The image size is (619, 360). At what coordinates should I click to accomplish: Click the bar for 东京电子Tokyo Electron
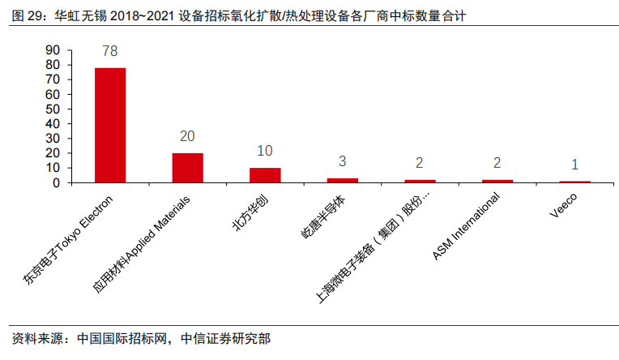click(x=110, y=125)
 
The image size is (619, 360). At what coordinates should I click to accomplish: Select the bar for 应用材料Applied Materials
click(x=187, y=168)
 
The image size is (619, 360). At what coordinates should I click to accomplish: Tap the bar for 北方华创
click(x=265, y=175)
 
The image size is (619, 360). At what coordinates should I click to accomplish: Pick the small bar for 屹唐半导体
click(x=342, y=180)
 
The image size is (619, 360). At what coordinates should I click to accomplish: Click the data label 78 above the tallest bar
click(x=110, y=51)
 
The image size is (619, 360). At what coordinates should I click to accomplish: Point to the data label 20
click(x=187, y=136)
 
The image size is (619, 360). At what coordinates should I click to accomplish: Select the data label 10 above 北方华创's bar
click(x=265, y=151)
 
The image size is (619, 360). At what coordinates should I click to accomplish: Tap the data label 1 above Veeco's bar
click(x=574, y=165)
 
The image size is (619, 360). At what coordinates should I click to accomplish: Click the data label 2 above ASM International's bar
click(x=497, y=163)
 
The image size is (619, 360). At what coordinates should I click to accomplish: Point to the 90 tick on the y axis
click(x=53, y=50)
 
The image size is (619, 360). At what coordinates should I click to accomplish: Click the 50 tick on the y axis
click(x=53, y=109)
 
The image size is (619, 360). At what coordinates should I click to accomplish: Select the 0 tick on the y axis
click(x=57, y=182)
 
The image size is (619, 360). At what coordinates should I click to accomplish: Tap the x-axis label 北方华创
click(x=246, y=211)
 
